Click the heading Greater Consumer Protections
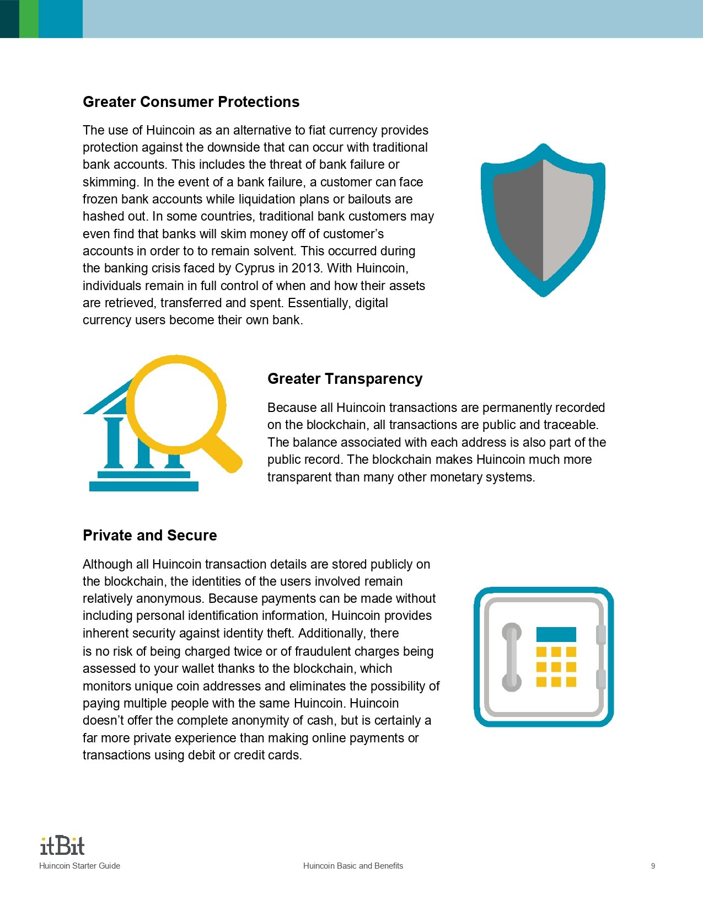pyautogui.click(x=191, y=102)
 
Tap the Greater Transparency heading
pyautogui.click(x=345, y=379)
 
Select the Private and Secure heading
pyautogui.click(x=149, y=536)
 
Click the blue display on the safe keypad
pyautogui.click(x=556, y=634)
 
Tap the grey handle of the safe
pyautogui.click(x=512, y=657)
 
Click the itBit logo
pyautogui.click(x=62, y=845)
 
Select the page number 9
pyautogui.click(x=653, y=866)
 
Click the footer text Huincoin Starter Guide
pyautogui.click(x=79, y=866)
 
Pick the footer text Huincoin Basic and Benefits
pyautogui.click(x=353, y=866)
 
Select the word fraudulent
pyautogui.click(x=330, y=651)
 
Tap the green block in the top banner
pyautogui.click(x=29, y=19)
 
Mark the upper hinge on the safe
pyautogui.click(x=601, y=634)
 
